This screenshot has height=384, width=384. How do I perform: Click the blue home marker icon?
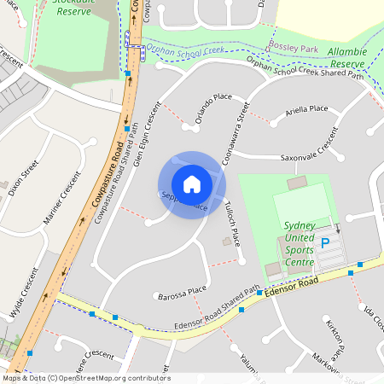tap(192, 184)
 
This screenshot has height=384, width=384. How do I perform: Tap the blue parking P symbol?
tap(324, 243)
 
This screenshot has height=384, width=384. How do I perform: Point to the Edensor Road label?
tap(291, 286)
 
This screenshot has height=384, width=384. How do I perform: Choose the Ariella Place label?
tap(307, 109)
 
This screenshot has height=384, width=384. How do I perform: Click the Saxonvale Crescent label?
tap(311, 158)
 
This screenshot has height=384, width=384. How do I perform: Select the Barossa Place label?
tap(183, 294)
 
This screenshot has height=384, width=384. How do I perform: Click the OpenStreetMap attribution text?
tap(86, 378)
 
